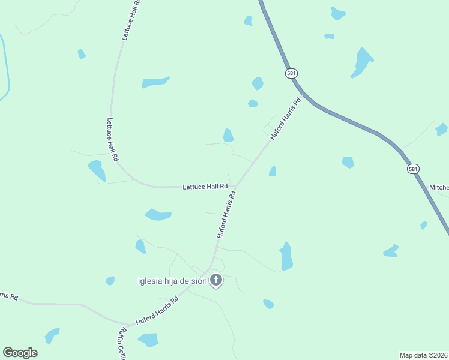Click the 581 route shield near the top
(291, 73)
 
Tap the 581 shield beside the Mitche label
(413, 169)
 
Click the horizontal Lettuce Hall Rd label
(205, 187)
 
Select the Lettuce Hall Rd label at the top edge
(131, 20)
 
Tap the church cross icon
(216, 280)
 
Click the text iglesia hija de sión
(172, 281)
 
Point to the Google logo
(20, 353)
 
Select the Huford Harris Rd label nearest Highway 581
(285, 119)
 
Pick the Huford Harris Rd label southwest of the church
(158, 311)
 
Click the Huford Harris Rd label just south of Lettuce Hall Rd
(226, 214)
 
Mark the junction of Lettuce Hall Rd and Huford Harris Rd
(234, 187)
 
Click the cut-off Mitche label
(438, 187)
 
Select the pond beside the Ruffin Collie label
(148, 340)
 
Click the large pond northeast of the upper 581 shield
(361, 61)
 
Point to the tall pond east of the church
(286, 256)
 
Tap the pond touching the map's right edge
(442, 129)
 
